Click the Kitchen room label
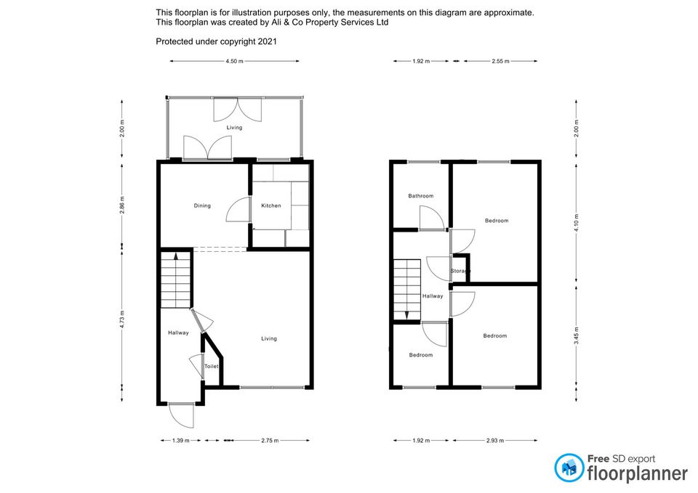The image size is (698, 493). (x=270, y=205)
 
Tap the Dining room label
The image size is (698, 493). (x=202, y=205)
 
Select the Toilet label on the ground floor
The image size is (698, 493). (x=212, y=367)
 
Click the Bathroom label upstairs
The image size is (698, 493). (x=421, y=195)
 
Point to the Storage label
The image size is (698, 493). (x=460, y=271)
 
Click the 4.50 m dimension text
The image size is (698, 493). (x=234, y=61)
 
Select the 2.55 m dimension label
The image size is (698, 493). (x=500, y=61)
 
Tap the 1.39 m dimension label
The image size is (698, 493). (x=180, y=441)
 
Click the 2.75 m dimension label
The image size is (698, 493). (x=270, y=441)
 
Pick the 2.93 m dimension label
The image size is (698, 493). (x=495, y=441)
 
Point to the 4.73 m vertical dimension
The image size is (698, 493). (x=122, y=319)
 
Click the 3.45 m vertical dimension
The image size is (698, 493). (x=577, y=335)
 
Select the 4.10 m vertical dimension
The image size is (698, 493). (x=577, y=223)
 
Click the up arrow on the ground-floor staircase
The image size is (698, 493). (x=176, y=256)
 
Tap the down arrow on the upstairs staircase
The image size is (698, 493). (x=406, y=315)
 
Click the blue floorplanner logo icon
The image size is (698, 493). (x=569, y=468)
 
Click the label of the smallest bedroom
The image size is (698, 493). (x=421, y=355)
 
